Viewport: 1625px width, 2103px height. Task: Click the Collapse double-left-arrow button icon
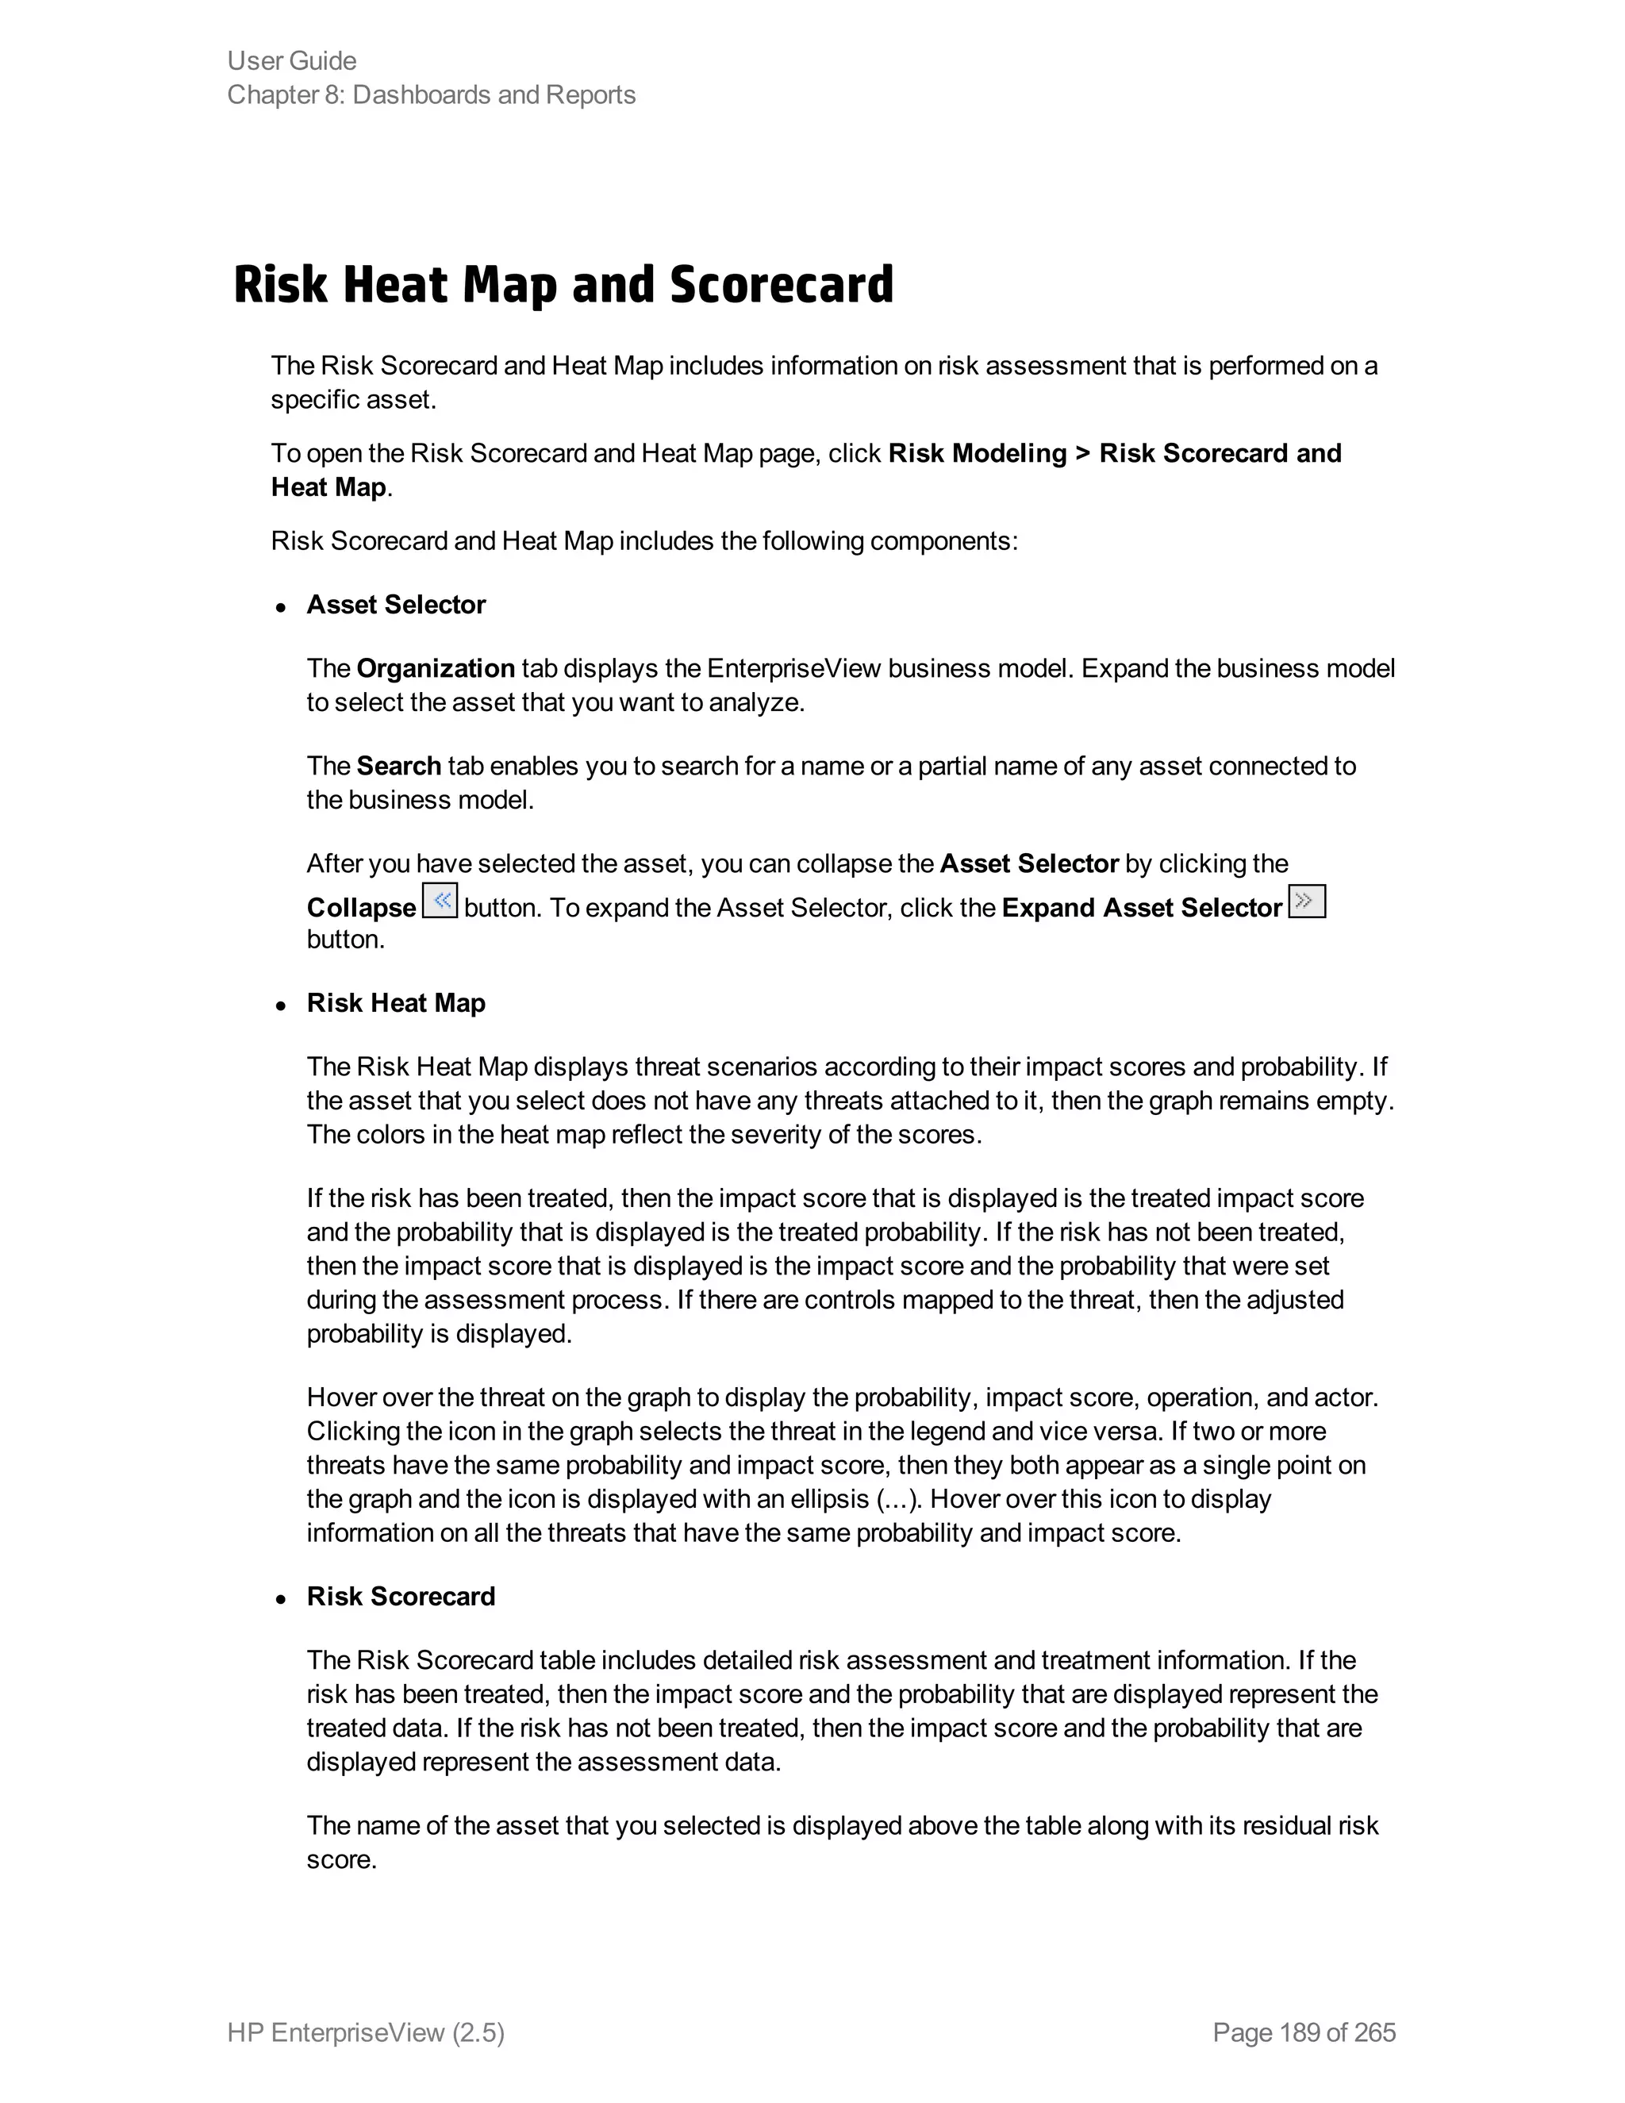[440, 902]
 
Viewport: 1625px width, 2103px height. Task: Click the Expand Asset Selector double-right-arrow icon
[1306, 902]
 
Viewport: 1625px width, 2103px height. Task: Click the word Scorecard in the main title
[781, 285]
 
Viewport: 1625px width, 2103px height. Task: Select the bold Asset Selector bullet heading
[396, 605]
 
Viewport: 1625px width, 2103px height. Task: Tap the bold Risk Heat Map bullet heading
[396, 1003]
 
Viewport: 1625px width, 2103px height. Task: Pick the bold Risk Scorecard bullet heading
[401, 1597]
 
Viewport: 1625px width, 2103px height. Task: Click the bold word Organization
[435, 668]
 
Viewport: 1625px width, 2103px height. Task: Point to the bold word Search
[398, 766]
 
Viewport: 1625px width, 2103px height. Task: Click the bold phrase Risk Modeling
[977, 453]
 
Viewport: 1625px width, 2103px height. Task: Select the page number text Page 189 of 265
[1304, 2032]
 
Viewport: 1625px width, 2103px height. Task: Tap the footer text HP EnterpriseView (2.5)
[366, 2032]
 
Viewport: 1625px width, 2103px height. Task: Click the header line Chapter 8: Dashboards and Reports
[432, 95]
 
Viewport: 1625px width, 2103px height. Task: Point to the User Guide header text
[292, 60]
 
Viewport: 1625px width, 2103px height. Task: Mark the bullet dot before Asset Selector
[280, 608]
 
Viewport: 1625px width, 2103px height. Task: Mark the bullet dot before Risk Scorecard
[280, 1599]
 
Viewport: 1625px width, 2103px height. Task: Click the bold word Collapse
[361, 908]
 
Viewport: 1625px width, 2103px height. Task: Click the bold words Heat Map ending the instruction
[328, 487]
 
